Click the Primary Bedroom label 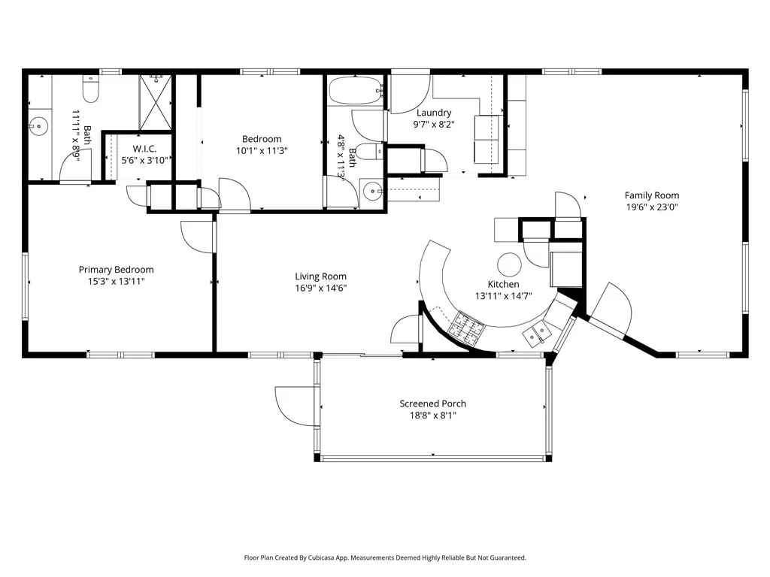117,270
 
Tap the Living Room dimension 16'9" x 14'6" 320,288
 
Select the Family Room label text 651,195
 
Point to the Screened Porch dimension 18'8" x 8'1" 432,415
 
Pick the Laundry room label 434,113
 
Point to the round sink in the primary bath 38,125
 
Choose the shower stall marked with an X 156,102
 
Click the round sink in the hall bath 372,191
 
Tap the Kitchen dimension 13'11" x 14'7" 503,296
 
